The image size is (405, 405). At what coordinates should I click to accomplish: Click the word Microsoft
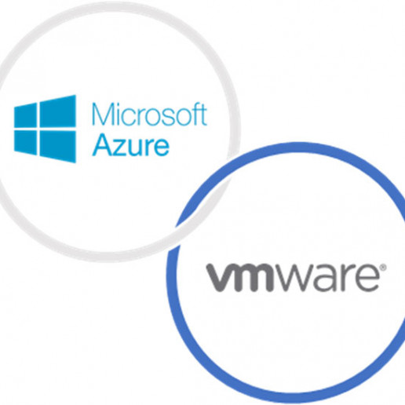tap(150, 115)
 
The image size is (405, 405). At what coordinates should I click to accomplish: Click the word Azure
tap(131, 145)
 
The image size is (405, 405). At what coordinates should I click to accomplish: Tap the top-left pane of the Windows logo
tap(25, 115)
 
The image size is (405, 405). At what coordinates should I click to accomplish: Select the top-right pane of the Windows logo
tap(58, 111)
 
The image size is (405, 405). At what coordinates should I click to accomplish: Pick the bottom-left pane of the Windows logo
tap(25, 142)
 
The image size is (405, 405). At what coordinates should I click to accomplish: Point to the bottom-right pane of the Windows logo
tap(58, 146)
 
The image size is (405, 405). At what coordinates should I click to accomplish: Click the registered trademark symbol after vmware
tap(383, 267)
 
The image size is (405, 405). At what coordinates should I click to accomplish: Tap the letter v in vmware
tap(221, 277)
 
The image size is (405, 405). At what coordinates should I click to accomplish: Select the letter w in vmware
tap(295, 278)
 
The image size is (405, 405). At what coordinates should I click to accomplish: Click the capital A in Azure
tap(102, 145)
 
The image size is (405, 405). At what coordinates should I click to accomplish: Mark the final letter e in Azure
tap(161, 148)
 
